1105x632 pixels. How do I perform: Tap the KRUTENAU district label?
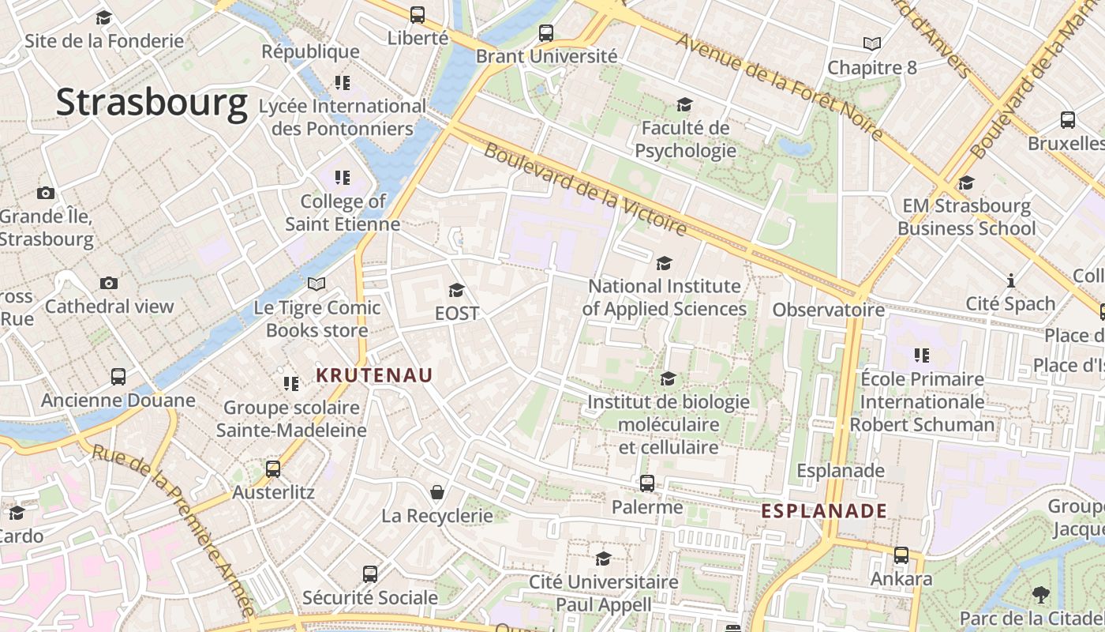click(x=374, y=375)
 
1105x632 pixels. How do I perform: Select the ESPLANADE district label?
click(x=824, y=511)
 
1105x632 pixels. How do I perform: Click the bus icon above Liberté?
click(x=418, y=15)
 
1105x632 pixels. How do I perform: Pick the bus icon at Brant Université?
click(x=545, y=33)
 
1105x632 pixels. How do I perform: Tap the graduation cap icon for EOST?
click(x=456, y=291)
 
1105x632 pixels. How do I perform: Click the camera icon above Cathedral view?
click(x=109, y=283)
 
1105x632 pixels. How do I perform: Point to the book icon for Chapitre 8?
click(x=871, y=44)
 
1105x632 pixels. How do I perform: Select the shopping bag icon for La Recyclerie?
click(x=436, y=493)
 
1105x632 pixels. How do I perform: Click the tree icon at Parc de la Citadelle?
click(x=1040, y=594)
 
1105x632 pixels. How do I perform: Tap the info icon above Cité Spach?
click(x=1010, y=280)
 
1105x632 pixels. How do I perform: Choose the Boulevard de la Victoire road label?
click(x=585, y=189)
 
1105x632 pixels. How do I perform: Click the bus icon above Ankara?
click(x=901, y=555)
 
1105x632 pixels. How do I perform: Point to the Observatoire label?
click(x=828, y=310)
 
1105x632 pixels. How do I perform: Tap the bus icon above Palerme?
click(x=646, y=483)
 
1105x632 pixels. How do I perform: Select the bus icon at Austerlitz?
click(x=273, y=469)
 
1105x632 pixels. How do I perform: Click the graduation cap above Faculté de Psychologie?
click(x=684, y=104)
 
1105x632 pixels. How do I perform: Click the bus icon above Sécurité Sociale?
click(x=370, y=574)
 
